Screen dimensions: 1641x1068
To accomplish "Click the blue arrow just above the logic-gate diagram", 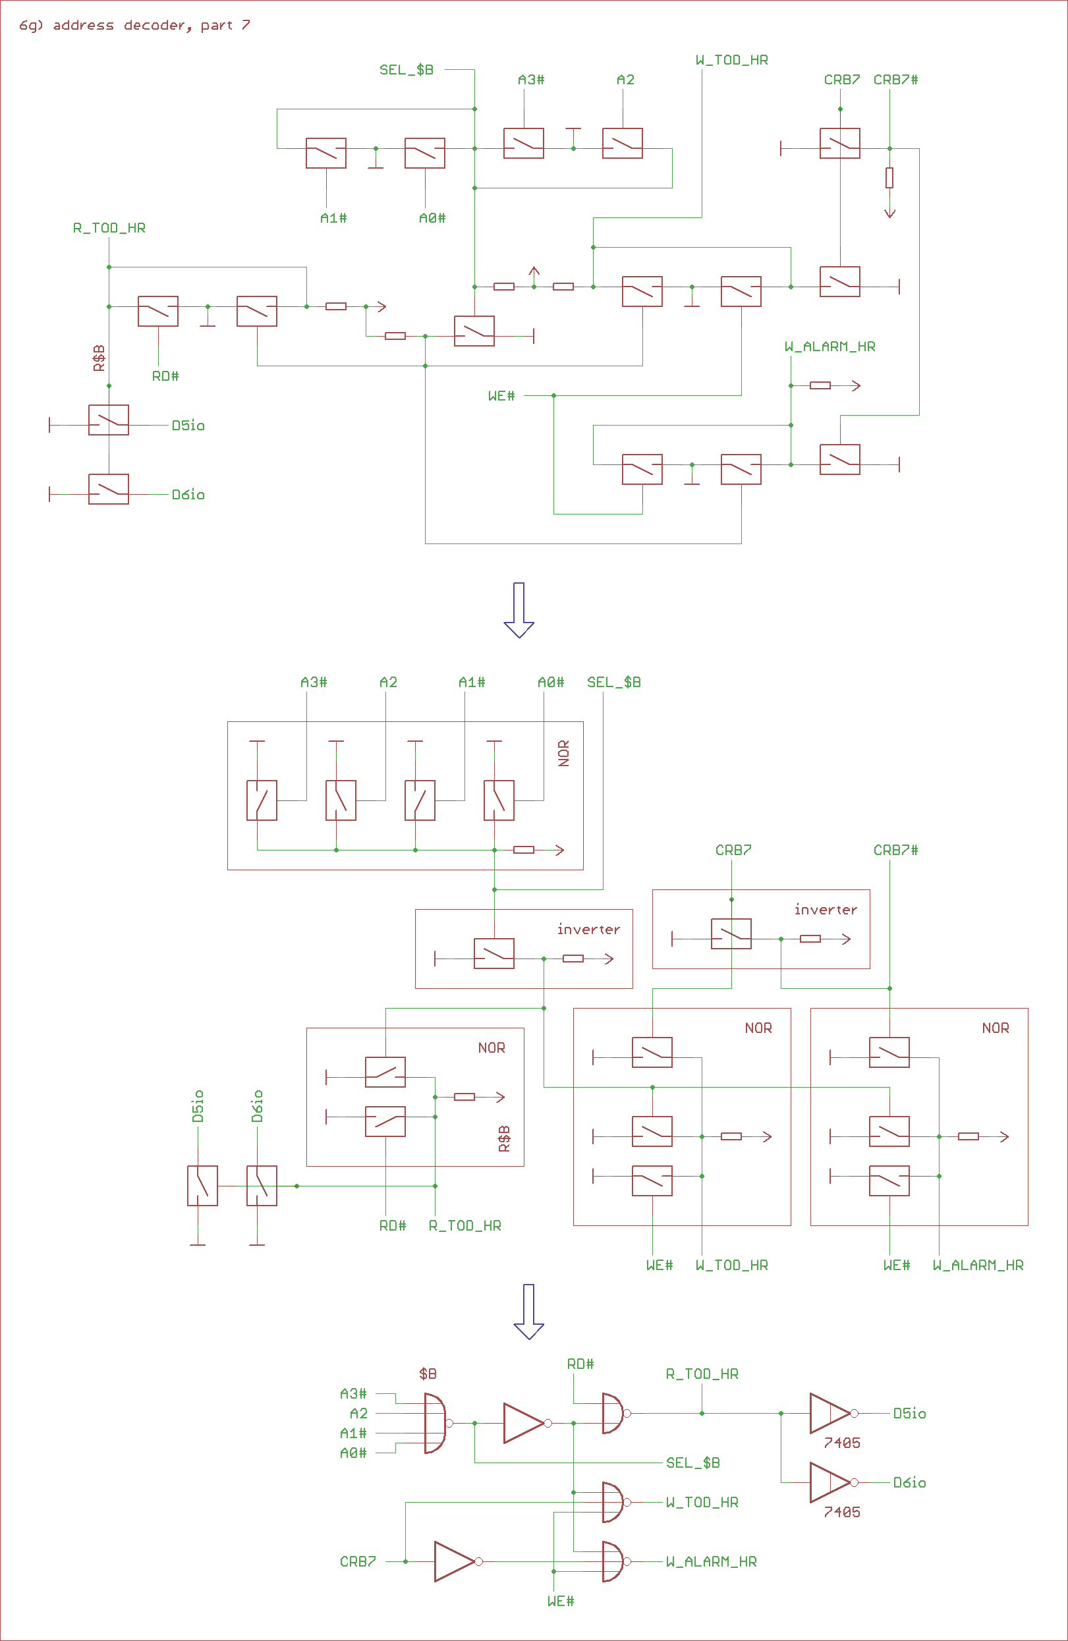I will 529,1311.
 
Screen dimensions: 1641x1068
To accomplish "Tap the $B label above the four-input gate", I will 428,1374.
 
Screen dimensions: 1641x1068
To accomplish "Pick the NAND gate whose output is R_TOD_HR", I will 612,1414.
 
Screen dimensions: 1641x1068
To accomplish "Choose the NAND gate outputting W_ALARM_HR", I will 612,1562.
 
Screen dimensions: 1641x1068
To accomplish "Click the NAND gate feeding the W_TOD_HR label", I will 612,1503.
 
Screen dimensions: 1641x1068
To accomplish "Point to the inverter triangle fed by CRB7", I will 455,1562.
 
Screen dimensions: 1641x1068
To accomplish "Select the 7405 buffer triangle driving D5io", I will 829,1414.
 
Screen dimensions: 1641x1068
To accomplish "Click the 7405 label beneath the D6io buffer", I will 842,1512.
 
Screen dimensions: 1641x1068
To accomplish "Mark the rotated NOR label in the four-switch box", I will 564,753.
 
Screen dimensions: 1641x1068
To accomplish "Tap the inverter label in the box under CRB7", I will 826,910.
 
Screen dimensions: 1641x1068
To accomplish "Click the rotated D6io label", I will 257,1106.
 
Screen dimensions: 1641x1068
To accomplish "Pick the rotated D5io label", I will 198,1106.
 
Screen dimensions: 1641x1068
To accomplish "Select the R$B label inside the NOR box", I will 505,1138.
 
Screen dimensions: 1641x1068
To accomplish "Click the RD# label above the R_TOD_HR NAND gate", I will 580,1364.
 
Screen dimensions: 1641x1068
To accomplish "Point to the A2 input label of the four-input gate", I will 358,1414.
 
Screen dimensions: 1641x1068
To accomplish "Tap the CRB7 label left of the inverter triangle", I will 358,1562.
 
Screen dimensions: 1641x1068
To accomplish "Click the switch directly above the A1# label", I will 326,153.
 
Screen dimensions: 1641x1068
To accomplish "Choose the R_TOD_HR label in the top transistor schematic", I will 109,228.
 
